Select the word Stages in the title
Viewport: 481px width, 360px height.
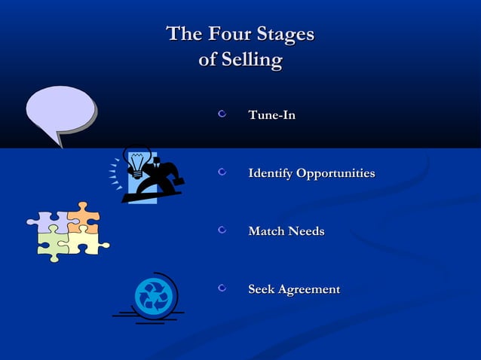coord(285,35)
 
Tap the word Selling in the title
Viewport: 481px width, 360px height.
coord(250,59)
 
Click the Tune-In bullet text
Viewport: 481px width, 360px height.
coord(271,116)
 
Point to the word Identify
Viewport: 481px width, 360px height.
coord(271,174)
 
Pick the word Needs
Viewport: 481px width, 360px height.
coord(308,231)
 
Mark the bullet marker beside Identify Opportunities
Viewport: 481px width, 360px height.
coord(222,173)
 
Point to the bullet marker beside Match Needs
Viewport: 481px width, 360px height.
coord(222,230)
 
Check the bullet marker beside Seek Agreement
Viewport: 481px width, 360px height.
coord(222,288)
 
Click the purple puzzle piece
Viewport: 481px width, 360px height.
coord(47,221)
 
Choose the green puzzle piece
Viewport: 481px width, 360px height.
coord(53,243)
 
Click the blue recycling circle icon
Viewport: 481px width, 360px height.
coord(153,296)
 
